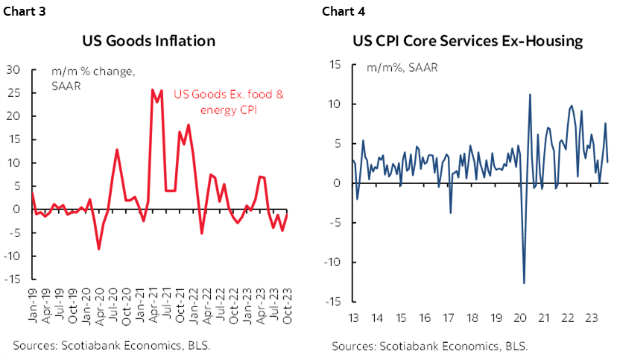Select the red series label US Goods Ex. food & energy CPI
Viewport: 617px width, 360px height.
pos(229,101)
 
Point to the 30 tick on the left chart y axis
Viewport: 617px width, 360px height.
pos(12,69)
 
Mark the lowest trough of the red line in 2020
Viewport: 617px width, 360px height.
pos(99,249)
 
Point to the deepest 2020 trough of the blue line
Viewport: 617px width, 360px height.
pos(525,283)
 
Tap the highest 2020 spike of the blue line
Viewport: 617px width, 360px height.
pos(530,94)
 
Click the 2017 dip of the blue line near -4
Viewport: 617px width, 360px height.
pos(451,213)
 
